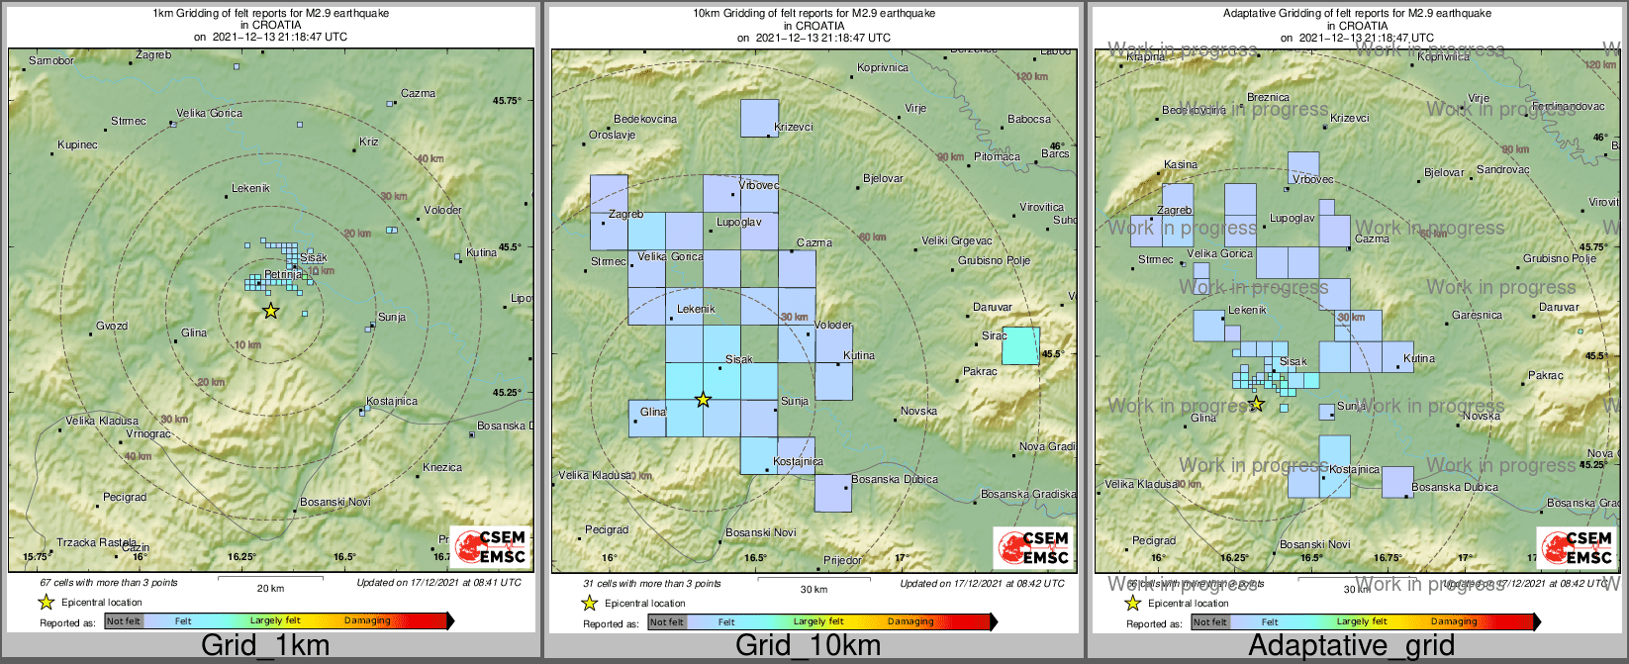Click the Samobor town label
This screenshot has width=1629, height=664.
pyautogui.click(x=51, y=61)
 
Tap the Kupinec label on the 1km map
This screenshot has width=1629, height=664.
pyautogui.click(x=78, y=145)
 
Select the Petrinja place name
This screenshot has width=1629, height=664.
pyautogui.click(x=283, y=274)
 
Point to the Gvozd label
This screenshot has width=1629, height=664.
pyautogui.click(x=112, y=327)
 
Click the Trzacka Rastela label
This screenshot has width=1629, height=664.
pyautogui.click(x=96, y=542)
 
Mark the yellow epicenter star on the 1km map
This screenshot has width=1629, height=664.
pyautogui.click(x=270, y=311)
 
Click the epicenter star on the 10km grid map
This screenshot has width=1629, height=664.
pyautogui.click(x=703, y=400)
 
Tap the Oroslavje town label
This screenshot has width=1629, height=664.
pyautogui.click(x=613, y=136)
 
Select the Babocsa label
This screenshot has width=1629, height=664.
pyautogui.click(x=1029, y=120)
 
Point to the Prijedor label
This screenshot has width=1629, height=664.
pyautogui.click(x=842, y=561)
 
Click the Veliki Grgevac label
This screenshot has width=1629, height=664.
pyautogui.click(x=956, y=241)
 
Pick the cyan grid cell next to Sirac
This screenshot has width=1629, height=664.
pyautogui.click(x=1020, y=345)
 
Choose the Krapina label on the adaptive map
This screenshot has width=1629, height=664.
pyautogui.click(x=1146, y=57)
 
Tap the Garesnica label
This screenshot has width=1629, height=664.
pyautogui.click(x=1477, y=316)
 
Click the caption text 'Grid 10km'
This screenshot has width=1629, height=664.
pyautogui.click(x=808, y=646)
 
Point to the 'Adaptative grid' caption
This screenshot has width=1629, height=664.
pyautogui.click(x=1351, y=646)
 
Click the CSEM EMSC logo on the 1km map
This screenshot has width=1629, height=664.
pyautogui.click(x=489, y=547)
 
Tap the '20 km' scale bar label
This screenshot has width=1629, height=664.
pyautogui.click(x=270, y=588)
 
